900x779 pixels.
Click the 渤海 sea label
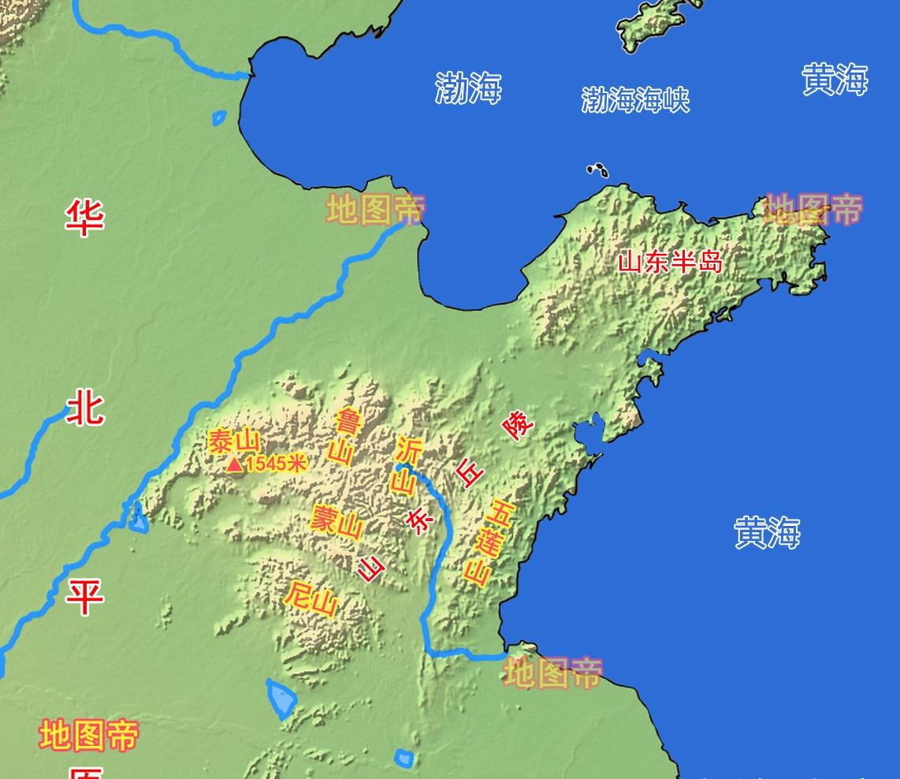pos(468,88)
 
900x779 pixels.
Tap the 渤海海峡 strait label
pos(635,100)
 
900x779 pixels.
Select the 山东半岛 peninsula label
pos(670,261)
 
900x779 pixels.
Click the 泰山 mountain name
pos(234,442)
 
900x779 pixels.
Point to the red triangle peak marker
pos(235,465)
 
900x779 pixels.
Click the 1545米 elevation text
pos(275,464)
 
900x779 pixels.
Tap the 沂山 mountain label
pos(407,466)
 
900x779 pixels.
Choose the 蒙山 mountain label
pos(337,521)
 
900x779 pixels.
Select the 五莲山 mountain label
pos(489,542)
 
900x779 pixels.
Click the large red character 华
pos(84,217)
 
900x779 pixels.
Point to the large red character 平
pos(84,596)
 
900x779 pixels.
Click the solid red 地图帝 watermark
pos(89,734)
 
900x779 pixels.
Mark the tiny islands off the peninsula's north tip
pos(597,170)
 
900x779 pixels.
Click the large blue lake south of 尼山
pos(281,698)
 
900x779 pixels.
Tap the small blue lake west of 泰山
pos(139,518)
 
